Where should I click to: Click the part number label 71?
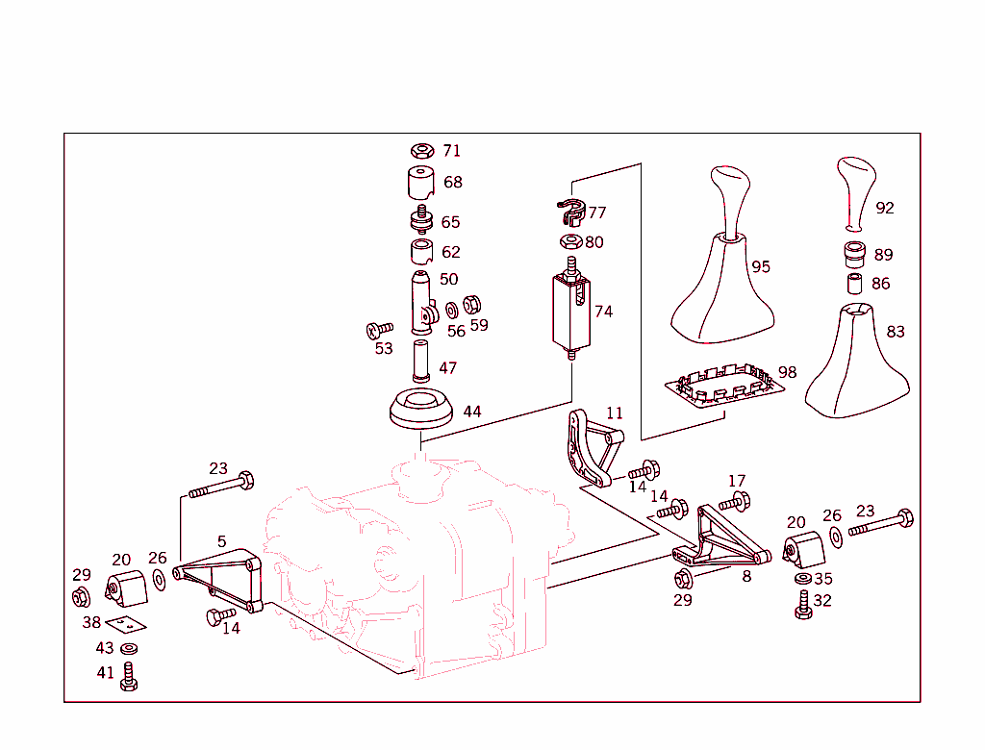[x=451, y=151]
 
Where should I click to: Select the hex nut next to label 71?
[x=420, y=151]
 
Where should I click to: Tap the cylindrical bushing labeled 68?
[x=419, y=183]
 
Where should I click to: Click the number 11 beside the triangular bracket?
[x=615, y=413]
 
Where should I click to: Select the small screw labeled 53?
[x=380, y=330]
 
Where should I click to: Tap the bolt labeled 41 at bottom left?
[x=128, y=677]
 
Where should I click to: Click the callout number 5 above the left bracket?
[x=221, y=542]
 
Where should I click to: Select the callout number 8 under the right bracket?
[x=746, y=577]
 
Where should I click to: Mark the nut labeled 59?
[x=472, y=305]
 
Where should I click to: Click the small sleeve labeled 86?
[x=854, y=284]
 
